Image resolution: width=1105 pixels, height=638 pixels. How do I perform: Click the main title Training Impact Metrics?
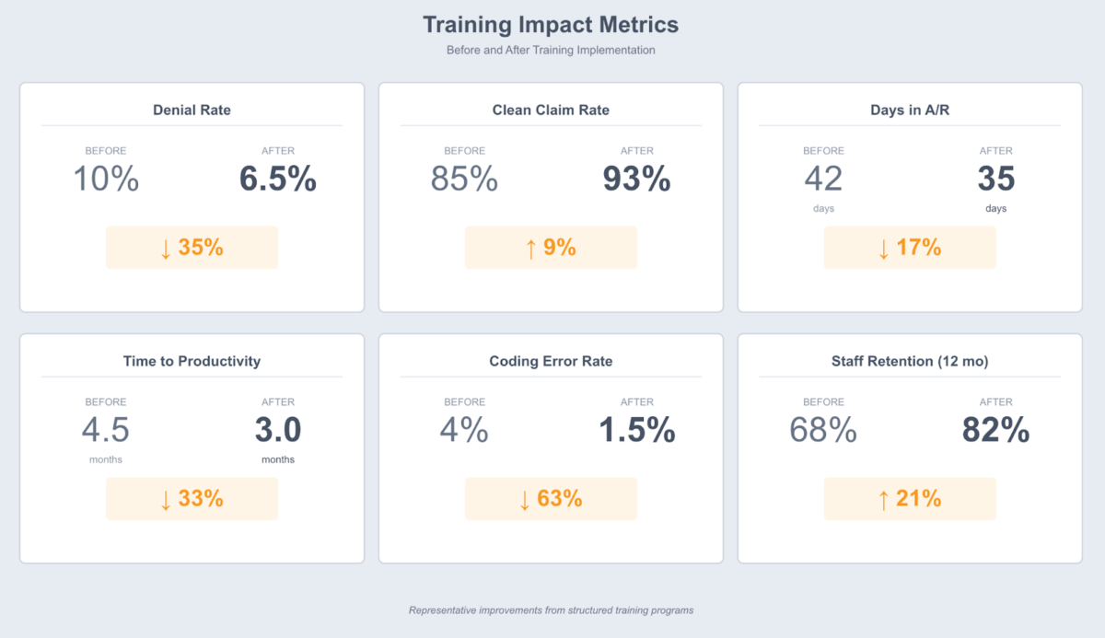(551, 25)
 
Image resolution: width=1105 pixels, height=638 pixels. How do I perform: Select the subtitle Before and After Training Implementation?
(551, 50)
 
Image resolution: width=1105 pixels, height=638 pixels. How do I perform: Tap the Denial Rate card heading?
(192, 110)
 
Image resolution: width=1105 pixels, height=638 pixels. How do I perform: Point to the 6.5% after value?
(278, 180)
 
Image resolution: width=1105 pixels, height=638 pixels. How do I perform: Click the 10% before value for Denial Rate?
(106, 180)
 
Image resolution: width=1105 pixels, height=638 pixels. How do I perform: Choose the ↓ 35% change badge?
(192, 248)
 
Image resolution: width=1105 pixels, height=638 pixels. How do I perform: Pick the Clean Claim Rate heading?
(551, 110)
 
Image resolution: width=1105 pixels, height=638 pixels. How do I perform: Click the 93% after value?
(636, 180)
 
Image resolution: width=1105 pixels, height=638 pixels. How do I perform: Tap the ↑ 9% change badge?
(551, 248)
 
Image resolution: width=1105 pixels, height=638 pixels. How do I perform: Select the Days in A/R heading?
(910, 110)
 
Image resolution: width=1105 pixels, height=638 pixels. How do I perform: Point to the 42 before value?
(823, 179)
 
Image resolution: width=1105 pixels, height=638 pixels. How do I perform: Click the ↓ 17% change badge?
(910, 248)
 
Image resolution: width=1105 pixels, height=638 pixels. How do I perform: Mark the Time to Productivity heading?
(192, 362)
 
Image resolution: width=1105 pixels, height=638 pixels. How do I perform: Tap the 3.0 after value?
(278, 430)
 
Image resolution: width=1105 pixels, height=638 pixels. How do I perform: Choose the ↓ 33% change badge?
(192, 499)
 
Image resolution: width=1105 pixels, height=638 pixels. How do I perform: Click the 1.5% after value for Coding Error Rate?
(636, 431)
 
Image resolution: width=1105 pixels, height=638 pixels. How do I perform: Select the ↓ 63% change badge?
(551, 499)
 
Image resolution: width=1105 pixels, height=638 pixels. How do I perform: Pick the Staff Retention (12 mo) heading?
(910, 362)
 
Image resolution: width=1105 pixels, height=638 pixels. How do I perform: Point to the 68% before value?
(823, 431)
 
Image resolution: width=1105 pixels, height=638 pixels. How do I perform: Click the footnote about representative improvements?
(551, 610)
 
